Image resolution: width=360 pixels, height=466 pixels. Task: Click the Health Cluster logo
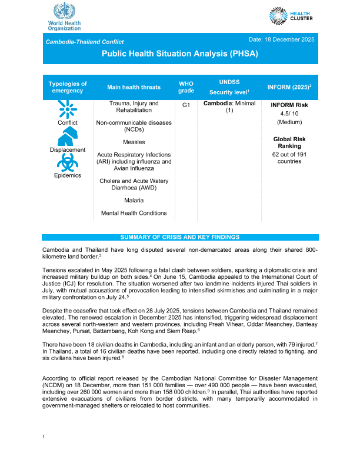coord(292,16)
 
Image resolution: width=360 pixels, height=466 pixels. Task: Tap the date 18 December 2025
coord(282,39)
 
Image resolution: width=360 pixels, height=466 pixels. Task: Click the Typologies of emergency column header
coord(67,87)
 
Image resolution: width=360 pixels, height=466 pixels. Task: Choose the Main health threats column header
coord(134,87)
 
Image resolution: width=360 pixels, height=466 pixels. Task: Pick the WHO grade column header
coord(185,87)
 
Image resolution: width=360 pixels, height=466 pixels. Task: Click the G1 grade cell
coord(185,104)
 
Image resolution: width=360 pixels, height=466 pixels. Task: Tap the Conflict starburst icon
coord(67,109)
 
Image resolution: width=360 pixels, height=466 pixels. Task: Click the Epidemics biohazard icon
coord(67,162)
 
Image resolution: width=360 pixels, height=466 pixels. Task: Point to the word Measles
coord(134,142)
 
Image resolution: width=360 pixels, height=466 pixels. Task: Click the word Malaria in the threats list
coord(134,201)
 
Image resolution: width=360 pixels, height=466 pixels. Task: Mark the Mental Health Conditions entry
coord(134,213)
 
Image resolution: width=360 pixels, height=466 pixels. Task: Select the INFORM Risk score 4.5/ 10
coord(289,113)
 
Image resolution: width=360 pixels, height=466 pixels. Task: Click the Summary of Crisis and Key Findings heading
coord(180,237)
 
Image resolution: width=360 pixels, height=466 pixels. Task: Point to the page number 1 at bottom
coord(44,452)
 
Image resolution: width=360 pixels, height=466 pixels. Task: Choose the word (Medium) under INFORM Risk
coord(289,122)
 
